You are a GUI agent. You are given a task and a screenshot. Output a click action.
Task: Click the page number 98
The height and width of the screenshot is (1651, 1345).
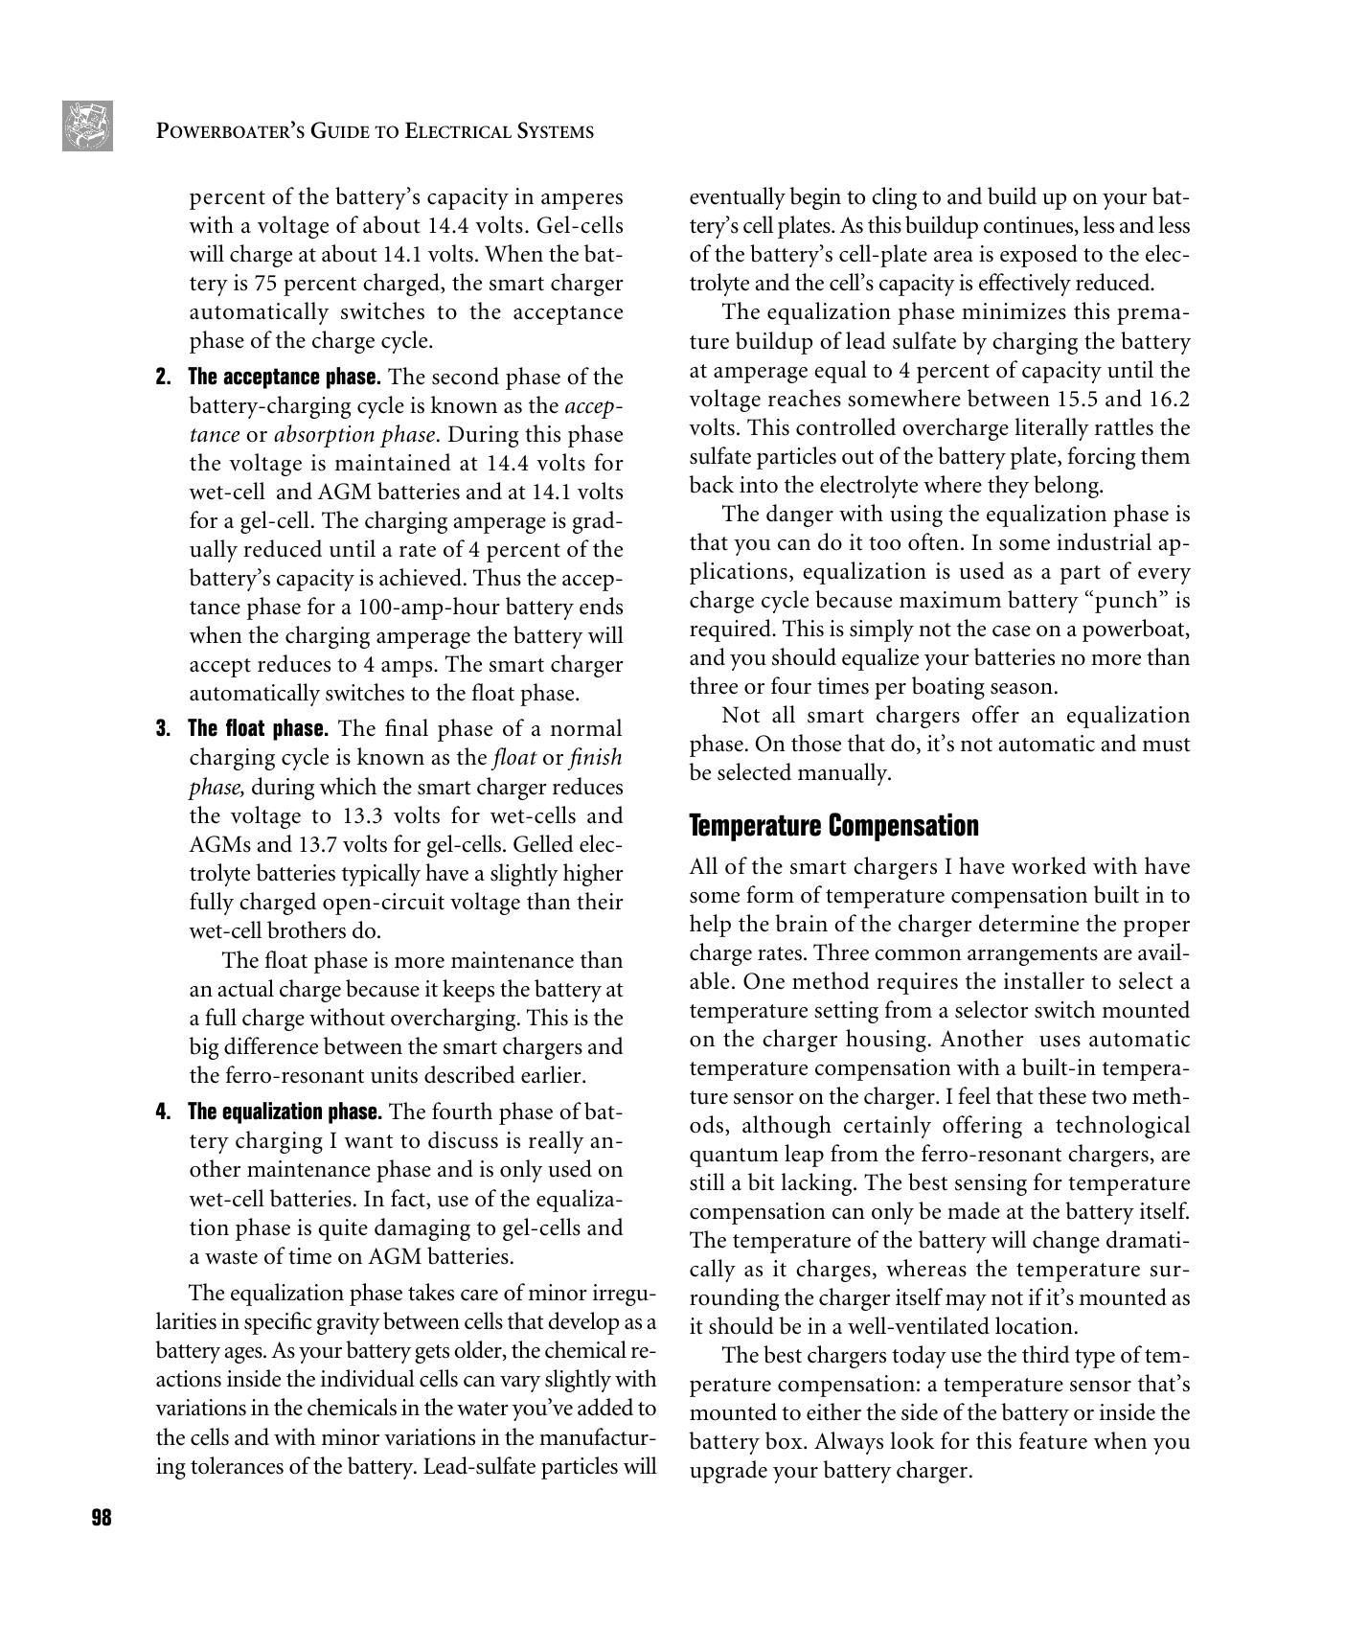point(102,1518)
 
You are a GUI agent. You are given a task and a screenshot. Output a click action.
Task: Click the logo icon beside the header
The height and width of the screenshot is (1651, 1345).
point(87,126)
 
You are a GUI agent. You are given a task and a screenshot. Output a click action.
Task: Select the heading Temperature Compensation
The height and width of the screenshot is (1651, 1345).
point(833,826)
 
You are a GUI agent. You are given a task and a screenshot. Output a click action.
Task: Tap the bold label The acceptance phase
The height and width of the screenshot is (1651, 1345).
point(285,377)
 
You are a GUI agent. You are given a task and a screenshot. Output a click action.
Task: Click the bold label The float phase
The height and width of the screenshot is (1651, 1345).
point(258,728)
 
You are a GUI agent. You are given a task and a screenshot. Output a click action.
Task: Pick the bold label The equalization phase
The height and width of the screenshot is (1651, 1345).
point(285,1112)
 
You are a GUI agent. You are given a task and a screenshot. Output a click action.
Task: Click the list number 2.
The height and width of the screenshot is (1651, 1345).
point(162,377)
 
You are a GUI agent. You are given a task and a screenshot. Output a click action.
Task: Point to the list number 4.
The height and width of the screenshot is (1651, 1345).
point(162,1112)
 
